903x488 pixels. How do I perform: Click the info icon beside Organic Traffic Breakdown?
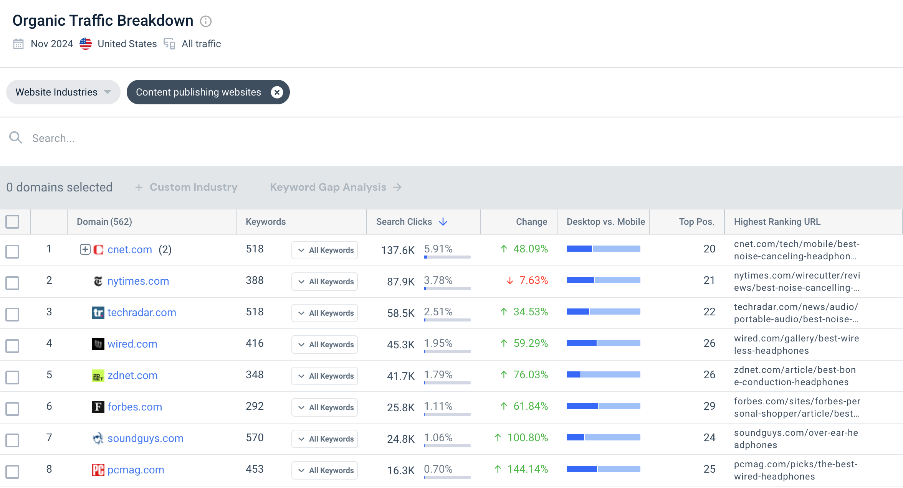(x=206, y=21)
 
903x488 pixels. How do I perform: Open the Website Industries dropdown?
(x=63, y=92)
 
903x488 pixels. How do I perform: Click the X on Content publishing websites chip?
(x=277, y=92)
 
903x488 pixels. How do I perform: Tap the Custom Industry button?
(x=186, y=187)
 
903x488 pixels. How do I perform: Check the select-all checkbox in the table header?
(x=12, y=222)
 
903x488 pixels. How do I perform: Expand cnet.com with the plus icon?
(x=85, y=249)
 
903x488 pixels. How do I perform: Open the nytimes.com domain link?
(x=138, y=281)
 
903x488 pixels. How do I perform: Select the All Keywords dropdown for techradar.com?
(x=324, y=313)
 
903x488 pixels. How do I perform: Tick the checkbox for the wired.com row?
(x=12, y=346)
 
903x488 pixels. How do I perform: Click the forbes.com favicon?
(x=98, y=407)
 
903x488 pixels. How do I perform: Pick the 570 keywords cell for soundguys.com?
(x=255, y=438)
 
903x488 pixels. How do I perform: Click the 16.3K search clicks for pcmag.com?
(x=401, y=470)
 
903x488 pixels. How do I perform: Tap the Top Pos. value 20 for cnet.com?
(x=709, y=249)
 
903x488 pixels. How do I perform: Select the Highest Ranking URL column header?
(x=777, y=222)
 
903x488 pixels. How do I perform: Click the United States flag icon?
(x=86, y=44)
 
